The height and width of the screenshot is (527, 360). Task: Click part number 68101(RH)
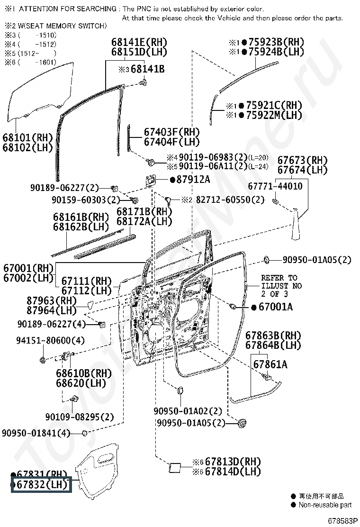coord(28,138)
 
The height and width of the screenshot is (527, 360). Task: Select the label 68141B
coord(147,70)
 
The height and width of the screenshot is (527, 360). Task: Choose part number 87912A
coord(193,180)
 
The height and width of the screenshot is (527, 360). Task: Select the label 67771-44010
coord(277,186)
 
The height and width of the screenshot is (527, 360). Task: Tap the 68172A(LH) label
coord(144,221)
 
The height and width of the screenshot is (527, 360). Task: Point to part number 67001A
coord(275,307)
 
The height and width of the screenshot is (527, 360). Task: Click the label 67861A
coord(270,364)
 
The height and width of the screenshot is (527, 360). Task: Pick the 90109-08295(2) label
coord(80,417)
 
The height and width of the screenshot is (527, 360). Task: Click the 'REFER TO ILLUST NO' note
coord(281,282)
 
